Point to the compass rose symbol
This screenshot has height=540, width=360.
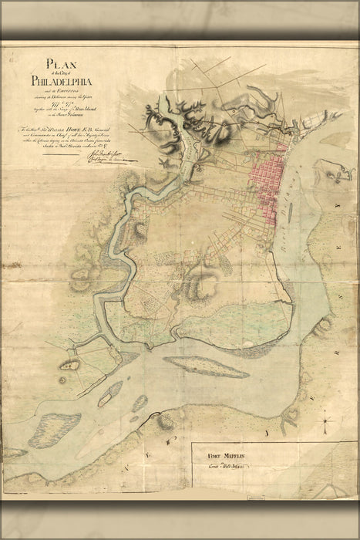(x=327, y=422)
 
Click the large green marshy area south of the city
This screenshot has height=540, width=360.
(x=231, y=324)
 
